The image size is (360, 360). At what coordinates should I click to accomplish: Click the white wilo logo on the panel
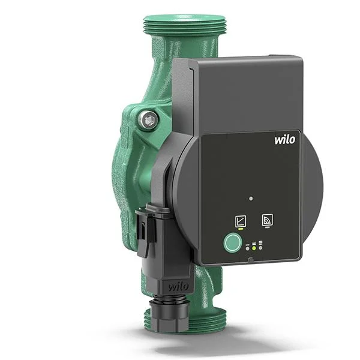click(x=286, y=140)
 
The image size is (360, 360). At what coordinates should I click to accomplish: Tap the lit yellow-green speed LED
click(x=254, y=247)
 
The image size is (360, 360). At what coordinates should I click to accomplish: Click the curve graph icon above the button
click(x=240, y=220)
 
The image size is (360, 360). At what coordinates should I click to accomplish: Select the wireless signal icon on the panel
click(x=267, y=220)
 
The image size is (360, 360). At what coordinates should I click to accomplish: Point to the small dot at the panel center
click(x=251, y=197)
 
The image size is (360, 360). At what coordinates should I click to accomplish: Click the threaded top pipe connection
click(x=185, y=25)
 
